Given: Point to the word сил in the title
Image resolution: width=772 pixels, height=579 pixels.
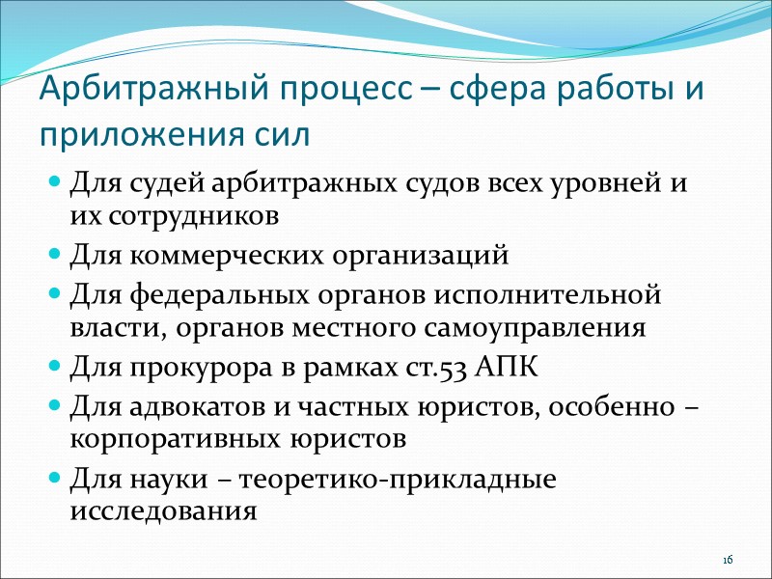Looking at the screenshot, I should point(284,134).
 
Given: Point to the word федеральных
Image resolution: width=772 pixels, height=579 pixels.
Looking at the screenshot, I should point(215,292).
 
